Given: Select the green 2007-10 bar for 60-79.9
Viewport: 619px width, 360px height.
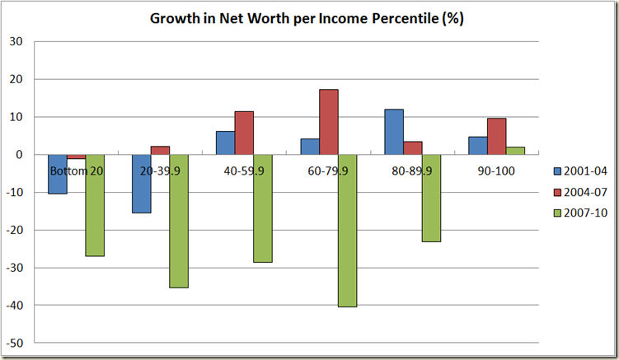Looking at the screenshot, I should pos(347,231).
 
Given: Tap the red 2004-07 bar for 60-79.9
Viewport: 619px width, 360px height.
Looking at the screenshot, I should pos(328,122).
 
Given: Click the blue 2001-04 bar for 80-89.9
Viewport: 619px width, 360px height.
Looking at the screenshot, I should pos(394,132).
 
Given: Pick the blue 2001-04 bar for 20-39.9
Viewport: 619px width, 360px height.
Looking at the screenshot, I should pos(141,184).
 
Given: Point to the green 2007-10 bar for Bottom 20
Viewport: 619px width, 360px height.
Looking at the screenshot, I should pos(94,205).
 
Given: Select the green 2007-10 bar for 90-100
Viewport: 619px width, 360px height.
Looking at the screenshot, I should pos(515,151).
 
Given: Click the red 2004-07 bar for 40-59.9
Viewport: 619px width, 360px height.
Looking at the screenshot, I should pos(244,133).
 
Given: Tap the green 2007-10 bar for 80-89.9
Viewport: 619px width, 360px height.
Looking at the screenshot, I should pos(431,198).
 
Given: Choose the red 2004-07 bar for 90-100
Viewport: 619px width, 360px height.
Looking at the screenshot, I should pos(496,137).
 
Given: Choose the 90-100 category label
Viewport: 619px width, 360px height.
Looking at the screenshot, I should pos(497,171).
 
